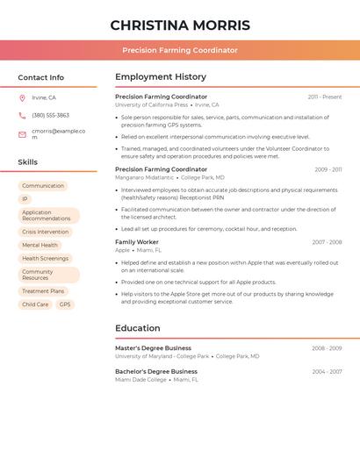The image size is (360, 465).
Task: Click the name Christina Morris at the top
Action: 180,25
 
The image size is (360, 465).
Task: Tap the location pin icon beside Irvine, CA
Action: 22,98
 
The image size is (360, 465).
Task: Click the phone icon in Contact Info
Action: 22,116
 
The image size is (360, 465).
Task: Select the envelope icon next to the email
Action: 22,133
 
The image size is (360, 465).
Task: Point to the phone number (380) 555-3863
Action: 50,116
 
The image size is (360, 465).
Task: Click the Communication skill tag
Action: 43,186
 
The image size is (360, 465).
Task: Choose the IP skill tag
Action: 25,199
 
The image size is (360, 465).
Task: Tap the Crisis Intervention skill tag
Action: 45,232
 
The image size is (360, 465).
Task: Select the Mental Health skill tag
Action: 40,246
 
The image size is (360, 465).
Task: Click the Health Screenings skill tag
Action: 45,259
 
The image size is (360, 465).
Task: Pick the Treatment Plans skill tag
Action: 43,291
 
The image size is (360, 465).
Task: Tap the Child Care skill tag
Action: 35,304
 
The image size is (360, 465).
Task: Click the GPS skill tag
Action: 65,304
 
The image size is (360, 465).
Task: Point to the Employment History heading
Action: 161,77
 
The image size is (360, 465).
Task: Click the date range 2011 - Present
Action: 325,97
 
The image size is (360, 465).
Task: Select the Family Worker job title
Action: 137,242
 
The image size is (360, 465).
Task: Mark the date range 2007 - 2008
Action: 327,242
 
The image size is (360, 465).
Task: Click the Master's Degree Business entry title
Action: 153,348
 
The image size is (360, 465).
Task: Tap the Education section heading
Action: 138,329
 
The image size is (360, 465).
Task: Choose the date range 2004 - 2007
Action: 327,372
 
